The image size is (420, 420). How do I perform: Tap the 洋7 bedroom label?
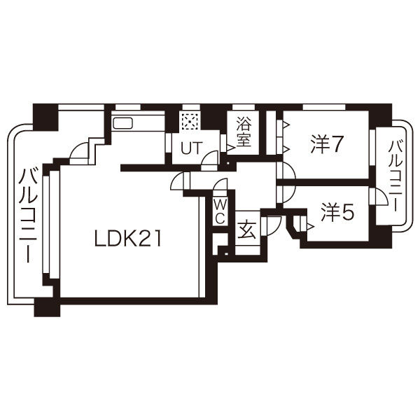point(326,144)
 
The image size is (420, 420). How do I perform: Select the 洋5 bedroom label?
point(337,212)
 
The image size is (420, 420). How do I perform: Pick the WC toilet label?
point(219,210)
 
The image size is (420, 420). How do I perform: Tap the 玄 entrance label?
point(246,230)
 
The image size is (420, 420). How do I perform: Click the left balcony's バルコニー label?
point(28,213)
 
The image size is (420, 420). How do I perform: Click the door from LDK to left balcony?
point(81,149)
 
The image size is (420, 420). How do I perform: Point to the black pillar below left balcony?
point(45,306)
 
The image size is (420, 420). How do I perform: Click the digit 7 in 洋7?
point(337,144)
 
